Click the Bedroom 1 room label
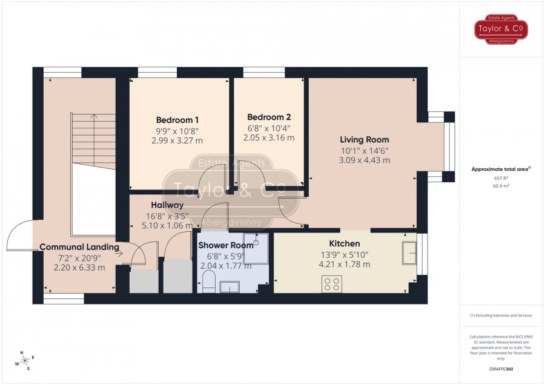(177, 120)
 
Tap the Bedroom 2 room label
(269, 117)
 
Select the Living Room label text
(365, 140)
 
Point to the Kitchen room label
(345, 243)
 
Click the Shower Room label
(226, 245)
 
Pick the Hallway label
(167, 205)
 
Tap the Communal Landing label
(79, 247)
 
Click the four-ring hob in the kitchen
(332, 284)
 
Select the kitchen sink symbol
(409, 253)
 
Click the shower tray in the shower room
(256, 248)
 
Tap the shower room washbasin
(230, 287)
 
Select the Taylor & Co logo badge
(501, 29)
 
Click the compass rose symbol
(25, 361)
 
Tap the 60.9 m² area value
(501, 186)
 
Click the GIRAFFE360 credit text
(501, 369)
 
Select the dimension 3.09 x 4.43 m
(365, 160)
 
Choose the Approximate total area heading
(501, 169)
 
